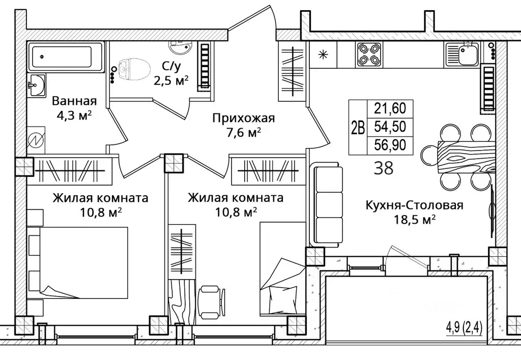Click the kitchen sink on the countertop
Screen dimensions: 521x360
click(x=461, y=54)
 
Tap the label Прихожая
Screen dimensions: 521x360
click(x=244, y=118)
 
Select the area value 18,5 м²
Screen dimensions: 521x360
click(x=414, y=219)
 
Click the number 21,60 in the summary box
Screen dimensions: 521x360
click(x=390, y=109)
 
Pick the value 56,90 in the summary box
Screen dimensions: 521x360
click(x=390, y=145)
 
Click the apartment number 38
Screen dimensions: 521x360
click(x=384, y=168)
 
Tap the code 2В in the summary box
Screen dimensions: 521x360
click(x=358, y=127)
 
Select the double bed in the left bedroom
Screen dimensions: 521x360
click(x=84, y=262)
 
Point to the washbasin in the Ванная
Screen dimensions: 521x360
click(x=36, y=85)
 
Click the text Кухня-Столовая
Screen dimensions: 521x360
click(x=414, y=205)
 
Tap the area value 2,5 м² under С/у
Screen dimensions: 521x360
click(x=171, y=80)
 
